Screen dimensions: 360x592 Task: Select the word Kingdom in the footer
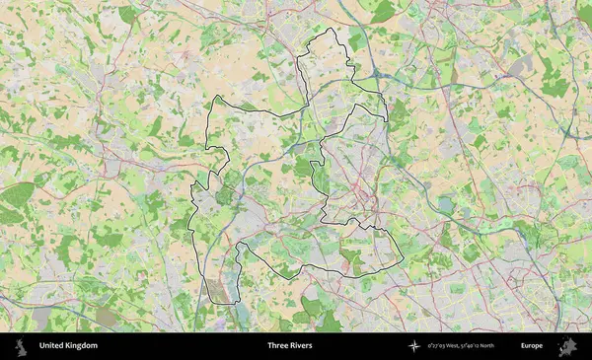pos(82,346)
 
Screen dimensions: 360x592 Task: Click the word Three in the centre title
pos(277,346)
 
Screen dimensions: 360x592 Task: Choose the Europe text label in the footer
pos(532,346)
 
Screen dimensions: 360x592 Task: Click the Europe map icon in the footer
pos(567,346)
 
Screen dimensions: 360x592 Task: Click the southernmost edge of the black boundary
pos(222,304)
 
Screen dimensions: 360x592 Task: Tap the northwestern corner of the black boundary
pos(215,97)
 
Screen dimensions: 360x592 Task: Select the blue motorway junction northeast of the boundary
pos(379,73)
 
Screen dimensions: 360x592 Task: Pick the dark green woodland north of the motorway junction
pos(383,12)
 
